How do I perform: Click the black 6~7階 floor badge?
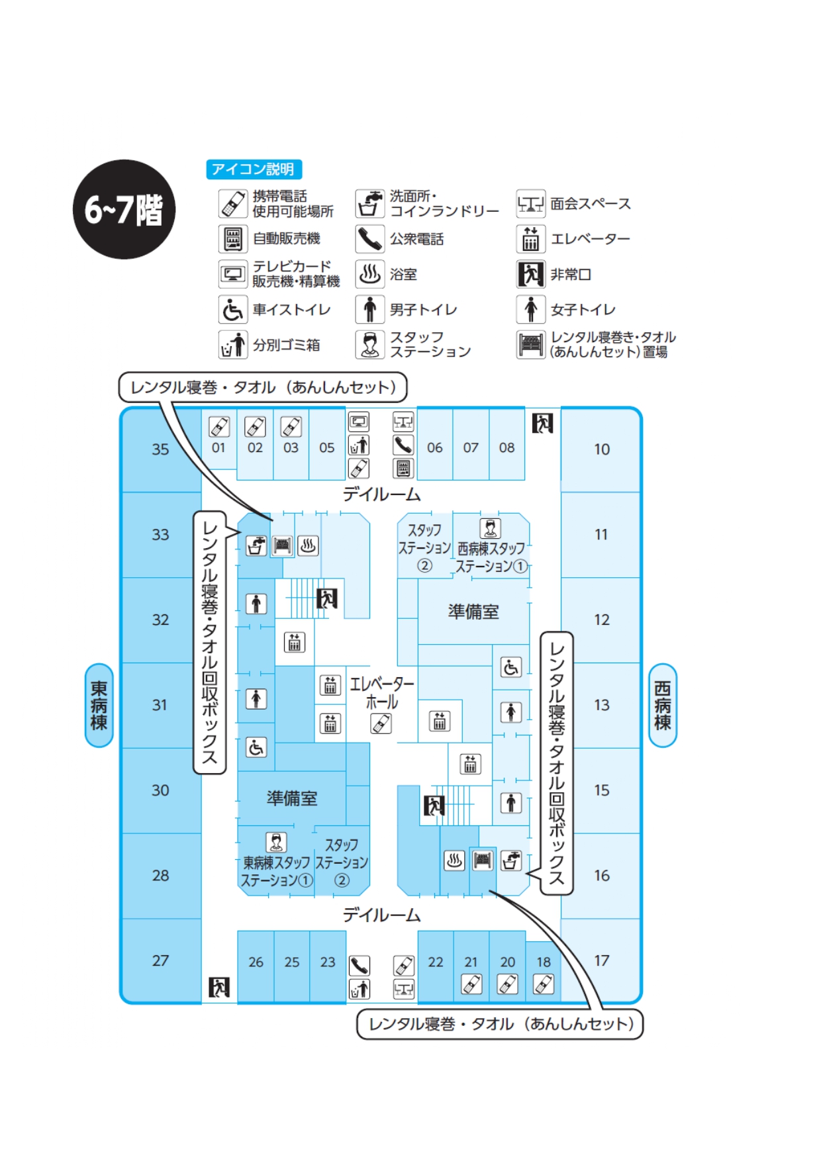[x=124, y=209]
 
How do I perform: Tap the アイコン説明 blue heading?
[x=254, y=169]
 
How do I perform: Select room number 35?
[x=160, y=449]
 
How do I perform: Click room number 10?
[x=601, y=449]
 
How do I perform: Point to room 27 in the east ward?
[x=160, y=960]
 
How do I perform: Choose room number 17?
[x=601, y=960]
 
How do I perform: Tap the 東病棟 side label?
[x=99, y=706]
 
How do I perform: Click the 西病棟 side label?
[x=662, y=706]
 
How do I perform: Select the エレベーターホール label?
[x=381, y=693]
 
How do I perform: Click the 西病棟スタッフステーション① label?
[x=491, y=557]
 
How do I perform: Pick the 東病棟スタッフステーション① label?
[x=275, y=871]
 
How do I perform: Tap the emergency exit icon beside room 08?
[x=542, y=423]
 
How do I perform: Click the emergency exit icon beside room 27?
[x=219, y=987]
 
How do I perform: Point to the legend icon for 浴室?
[x=369, y=274]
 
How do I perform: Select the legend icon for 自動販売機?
[x=232, y=239]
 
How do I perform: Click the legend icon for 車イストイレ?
[x=232, y=309]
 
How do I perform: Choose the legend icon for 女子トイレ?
[x=530, y=309]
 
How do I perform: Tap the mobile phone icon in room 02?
[x=255, y=427]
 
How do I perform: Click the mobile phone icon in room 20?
[x=507, y=984]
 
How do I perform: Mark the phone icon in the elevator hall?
[x=381, y=723]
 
